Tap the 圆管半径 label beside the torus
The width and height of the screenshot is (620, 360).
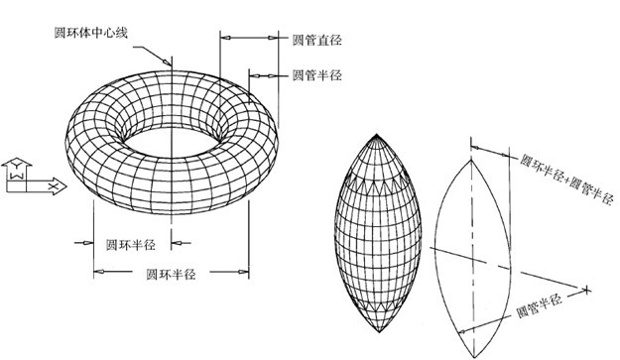316,74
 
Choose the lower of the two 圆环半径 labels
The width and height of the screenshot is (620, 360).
169,272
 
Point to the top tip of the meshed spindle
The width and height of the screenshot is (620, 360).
381,133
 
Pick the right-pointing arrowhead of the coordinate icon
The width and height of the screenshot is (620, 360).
60,184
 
